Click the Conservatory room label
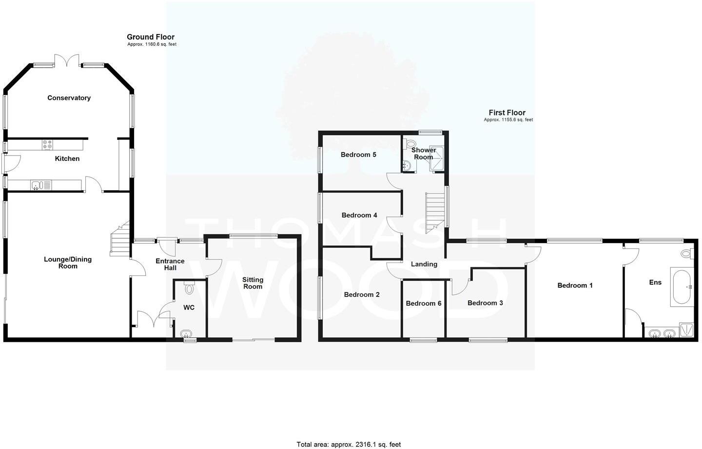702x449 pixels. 69,98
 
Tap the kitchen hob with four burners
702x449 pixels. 48,145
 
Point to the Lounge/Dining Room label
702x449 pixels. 68,263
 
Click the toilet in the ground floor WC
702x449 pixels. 189,288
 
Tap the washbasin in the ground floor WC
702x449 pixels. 186,334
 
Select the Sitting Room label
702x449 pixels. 253,283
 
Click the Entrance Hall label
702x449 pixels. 170,264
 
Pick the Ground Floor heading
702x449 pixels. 151,37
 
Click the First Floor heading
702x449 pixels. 507,113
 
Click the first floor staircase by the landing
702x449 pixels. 436,211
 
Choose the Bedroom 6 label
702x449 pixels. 424,303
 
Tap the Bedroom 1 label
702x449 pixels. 575,285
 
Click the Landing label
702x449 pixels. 424,264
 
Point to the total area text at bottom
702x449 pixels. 349,444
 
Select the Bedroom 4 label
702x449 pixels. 359,215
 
